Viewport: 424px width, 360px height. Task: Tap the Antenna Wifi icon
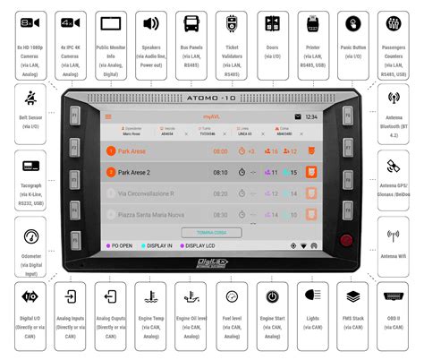tap(393, 236)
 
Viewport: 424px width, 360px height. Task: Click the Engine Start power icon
tap(272, 296)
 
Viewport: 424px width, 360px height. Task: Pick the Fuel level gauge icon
tap(232, 296)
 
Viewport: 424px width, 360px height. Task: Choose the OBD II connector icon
tap(393, 296)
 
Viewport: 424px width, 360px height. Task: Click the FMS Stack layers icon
tap(352, 296)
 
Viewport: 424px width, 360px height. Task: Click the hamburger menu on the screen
tap(109, 116)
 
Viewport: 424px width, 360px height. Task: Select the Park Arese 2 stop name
tap(134, 172)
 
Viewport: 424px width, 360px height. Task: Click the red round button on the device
tap(345, 239)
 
